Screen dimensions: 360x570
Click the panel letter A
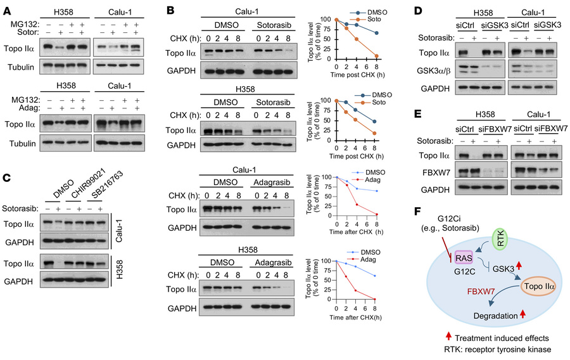click(8, 8)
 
